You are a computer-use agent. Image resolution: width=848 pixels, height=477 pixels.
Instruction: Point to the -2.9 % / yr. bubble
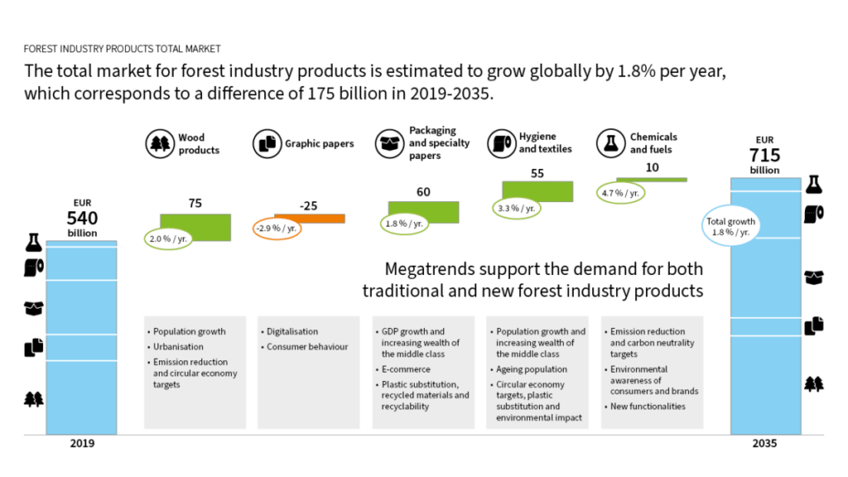(276, 227)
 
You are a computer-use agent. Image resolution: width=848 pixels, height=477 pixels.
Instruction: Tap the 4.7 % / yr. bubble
(619, 193)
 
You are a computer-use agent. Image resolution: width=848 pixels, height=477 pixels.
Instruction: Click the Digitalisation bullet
(292, 331)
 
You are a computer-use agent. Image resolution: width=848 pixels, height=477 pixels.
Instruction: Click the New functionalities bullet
(647, 407)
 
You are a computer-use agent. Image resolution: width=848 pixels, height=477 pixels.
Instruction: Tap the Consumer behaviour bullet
(306, 347)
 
